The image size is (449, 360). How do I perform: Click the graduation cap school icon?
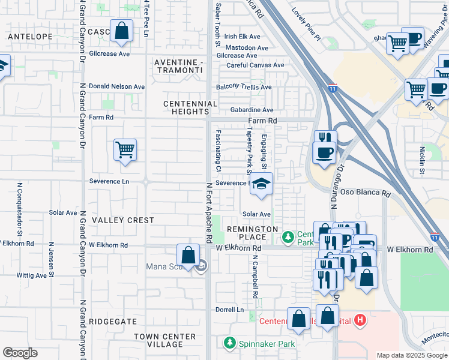pyautogui.click(x=261, y=184)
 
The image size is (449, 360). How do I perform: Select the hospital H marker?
pyautogui.click(x=360, y=320)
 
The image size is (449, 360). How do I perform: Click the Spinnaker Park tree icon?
pyautogui.click(x=229, y=344)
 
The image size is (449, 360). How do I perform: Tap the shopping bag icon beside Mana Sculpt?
pyautogui.click(x=188, y=255)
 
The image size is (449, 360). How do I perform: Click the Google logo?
pyautogui.click(x=20, y=353)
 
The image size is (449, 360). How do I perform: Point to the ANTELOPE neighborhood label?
pyautogui.click(x=30, y=37)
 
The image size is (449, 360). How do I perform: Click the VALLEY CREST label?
pyautogui.click(x=122, y=220)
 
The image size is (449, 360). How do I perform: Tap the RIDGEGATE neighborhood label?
pyautogui.click(x=113, y=322)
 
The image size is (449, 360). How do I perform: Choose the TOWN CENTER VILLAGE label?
pyautogui.click(x=165, y=340)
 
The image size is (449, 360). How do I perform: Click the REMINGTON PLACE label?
pyautogui.click(x=252, y=233)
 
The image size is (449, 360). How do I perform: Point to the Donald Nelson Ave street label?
pyautogui.click(x=116, y=86)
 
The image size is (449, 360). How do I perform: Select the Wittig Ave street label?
pyautogui.click(x=32, y=275)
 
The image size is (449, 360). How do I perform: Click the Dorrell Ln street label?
pyautogui.click(x=231, y=310)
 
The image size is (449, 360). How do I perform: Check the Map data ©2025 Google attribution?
pyautogui.click(x=411, y=355)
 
